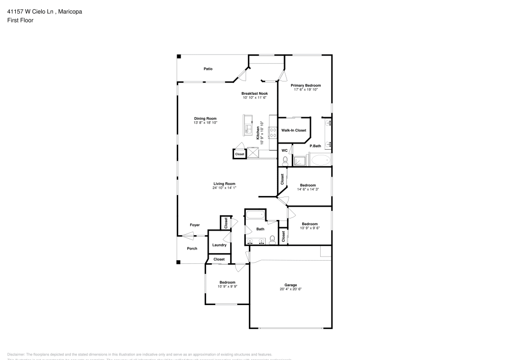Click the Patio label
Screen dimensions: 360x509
(208, 69)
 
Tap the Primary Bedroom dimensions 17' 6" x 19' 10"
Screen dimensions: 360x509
(306, 90)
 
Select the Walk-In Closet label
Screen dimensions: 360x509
(294, 131)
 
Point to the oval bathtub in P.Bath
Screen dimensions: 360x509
(321, 161)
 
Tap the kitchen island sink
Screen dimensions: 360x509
(248, 129)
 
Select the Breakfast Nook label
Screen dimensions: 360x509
(254, 93)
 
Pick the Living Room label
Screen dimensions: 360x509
(224, 184)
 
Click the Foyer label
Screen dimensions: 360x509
(195, 225)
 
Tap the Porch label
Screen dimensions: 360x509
(192, 248)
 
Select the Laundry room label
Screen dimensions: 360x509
(219, 245)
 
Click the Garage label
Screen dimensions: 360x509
(291, 285)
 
